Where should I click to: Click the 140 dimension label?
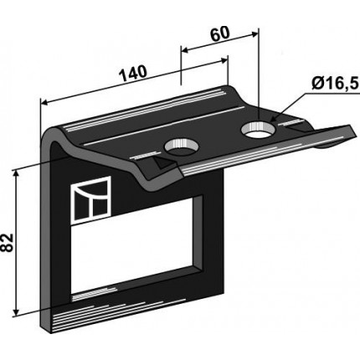pos(133,74)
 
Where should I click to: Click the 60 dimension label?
pos(220,34)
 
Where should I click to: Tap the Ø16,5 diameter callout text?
pos(335,83)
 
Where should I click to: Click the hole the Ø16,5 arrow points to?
pos(259,130)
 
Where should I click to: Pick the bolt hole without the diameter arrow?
pos(182,147)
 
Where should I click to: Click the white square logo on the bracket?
pos(91,200)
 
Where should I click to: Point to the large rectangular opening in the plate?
pos(136,244)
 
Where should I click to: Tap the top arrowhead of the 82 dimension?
pos(17,173)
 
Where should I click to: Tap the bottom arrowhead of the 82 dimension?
pos(17,312)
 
